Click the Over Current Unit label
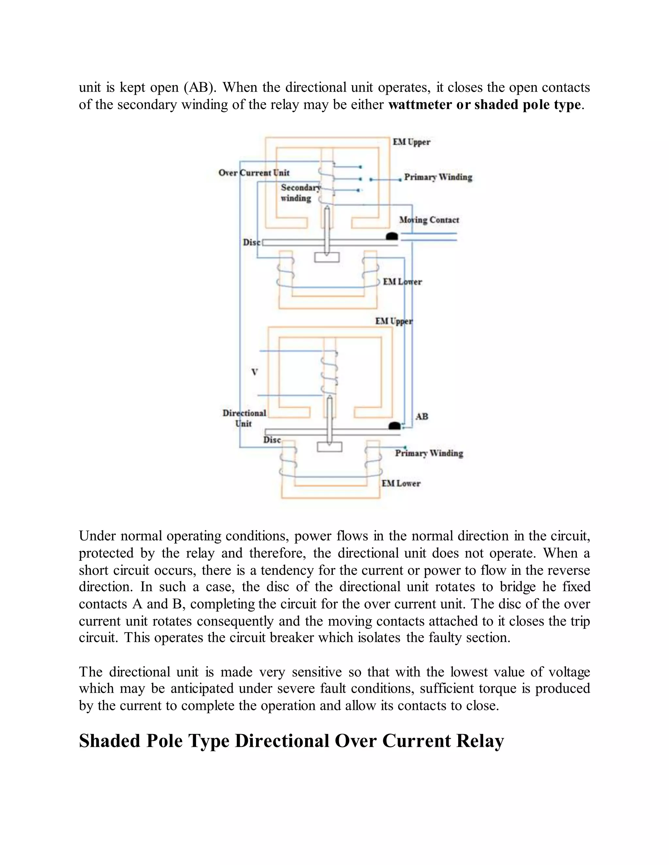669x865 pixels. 253,173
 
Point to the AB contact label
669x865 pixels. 422,417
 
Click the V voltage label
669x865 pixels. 254,372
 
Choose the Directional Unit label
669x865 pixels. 244,418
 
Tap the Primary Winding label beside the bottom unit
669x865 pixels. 429,453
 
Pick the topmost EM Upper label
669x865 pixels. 411,142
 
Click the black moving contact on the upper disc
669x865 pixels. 392,236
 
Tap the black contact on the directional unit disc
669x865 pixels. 394,426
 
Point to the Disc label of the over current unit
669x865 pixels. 251,243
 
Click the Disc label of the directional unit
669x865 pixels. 272,440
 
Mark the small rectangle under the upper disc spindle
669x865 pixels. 327,258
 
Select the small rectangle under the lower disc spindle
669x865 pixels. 329,447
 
